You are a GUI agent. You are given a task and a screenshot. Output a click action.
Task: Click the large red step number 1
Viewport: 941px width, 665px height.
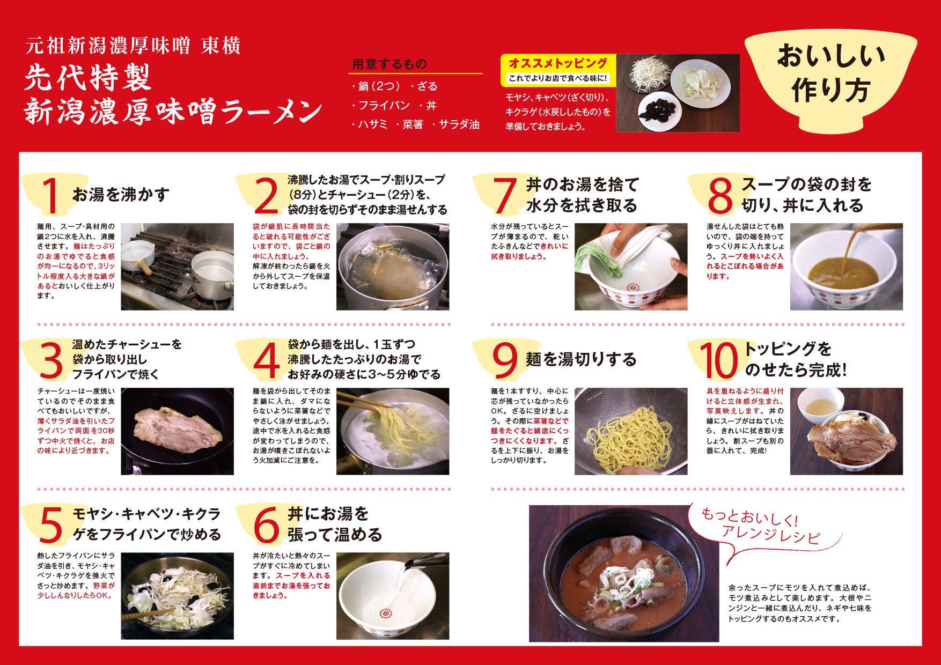tap(51, 195)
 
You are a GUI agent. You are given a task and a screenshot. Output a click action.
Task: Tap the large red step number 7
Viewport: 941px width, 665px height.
tap(504, 195)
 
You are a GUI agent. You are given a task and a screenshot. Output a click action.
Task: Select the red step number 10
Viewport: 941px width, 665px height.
tap(718, 360)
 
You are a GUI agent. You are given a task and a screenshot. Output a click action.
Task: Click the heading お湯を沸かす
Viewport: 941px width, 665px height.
tap(121, 194)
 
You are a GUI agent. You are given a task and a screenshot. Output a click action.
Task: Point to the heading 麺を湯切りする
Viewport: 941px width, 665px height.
tap(581, 359)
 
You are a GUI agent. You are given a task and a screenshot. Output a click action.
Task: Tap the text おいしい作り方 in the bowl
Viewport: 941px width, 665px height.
tap(830, 73)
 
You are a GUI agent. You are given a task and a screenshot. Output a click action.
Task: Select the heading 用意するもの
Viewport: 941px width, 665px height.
tap(389, 64)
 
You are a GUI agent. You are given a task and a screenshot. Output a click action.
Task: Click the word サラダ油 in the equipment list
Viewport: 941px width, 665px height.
tap(459, 125)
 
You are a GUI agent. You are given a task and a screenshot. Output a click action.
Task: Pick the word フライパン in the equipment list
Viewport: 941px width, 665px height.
tap(384, 106)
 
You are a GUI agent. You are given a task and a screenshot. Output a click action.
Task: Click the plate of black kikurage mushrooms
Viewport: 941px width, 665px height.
tap(659, 110)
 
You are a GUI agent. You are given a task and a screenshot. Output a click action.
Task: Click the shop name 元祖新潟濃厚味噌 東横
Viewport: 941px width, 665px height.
tap(133, 46)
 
